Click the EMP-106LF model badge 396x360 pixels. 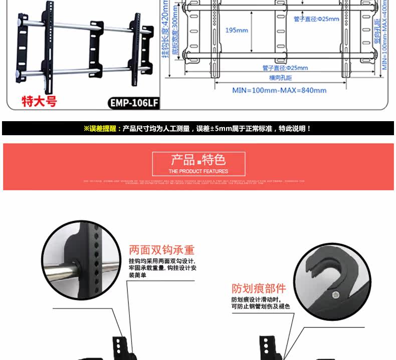(134, 103)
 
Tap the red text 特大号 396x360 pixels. (39, 101)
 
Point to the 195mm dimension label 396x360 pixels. (237, 30)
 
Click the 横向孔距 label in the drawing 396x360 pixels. (280, 78)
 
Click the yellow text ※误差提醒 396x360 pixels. (100, 129)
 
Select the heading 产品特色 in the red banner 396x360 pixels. (199, 160)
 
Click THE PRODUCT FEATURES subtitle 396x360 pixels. (199, 171)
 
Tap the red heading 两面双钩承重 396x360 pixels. (161, 250)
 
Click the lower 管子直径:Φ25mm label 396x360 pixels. (285, 68)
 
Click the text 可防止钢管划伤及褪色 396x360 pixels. (260, 306)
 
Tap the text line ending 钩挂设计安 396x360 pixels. (162, 268)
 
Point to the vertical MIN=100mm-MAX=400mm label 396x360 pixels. (384, 35)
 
